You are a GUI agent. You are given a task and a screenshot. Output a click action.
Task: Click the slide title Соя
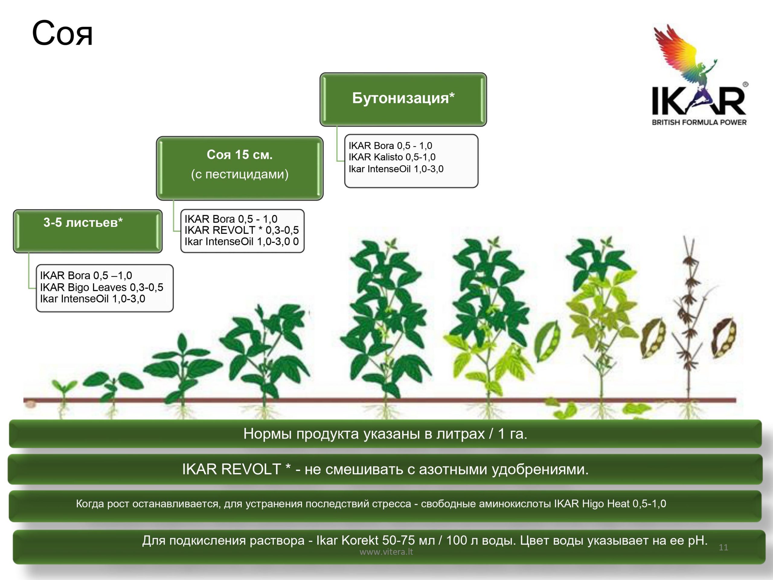click(62, 33)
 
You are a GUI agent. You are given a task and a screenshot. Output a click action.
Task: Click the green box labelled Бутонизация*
click(403, 99)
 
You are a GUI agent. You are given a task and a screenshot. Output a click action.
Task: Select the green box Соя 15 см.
click(240, 168)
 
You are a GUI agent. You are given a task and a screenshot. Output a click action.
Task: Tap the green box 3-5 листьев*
click(88, 231)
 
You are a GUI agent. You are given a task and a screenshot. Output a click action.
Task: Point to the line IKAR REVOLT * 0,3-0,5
click(242, 230)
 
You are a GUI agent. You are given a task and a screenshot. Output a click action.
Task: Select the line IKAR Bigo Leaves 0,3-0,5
click(102, 287)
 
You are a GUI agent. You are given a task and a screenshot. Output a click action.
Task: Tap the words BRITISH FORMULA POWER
click(699, 122)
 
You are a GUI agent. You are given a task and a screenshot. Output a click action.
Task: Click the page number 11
click(723, 547)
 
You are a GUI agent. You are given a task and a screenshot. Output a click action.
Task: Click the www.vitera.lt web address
click(386, 552)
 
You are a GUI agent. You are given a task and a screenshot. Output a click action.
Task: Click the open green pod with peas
click(547, 342)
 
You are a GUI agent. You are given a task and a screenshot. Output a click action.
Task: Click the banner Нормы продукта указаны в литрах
click(385, 433)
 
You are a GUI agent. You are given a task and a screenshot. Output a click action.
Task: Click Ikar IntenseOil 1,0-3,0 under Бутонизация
click(396, 169)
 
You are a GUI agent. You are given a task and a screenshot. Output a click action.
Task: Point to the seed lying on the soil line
click(31, 404)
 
